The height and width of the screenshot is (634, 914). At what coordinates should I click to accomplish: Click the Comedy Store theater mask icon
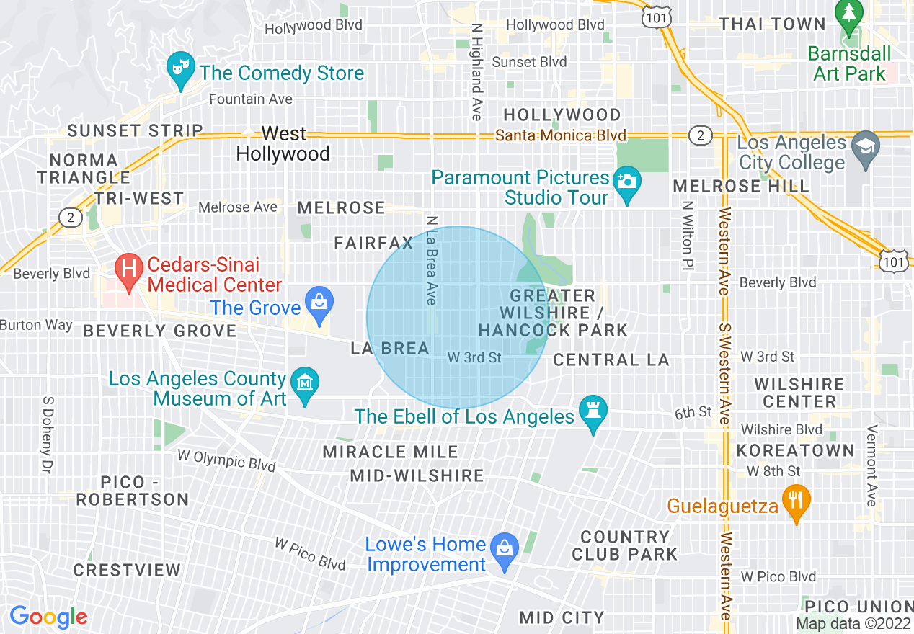(178, 68)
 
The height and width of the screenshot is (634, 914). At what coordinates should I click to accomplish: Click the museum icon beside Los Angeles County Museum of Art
(305, 381)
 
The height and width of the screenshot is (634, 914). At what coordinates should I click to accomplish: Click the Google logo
(48, 617)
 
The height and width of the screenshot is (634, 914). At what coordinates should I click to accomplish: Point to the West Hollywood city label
(283, 143)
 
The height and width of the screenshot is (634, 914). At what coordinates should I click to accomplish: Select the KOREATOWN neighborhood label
(795, 451)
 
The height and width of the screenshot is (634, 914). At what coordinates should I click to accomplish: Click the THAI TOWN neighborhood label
(772, 24)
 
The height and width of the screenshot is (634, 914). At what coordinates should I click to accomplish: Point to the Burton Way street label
(36, 325)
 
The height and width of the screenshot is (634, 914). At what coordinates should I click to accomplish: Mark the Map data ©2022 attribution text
(853, 623)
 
